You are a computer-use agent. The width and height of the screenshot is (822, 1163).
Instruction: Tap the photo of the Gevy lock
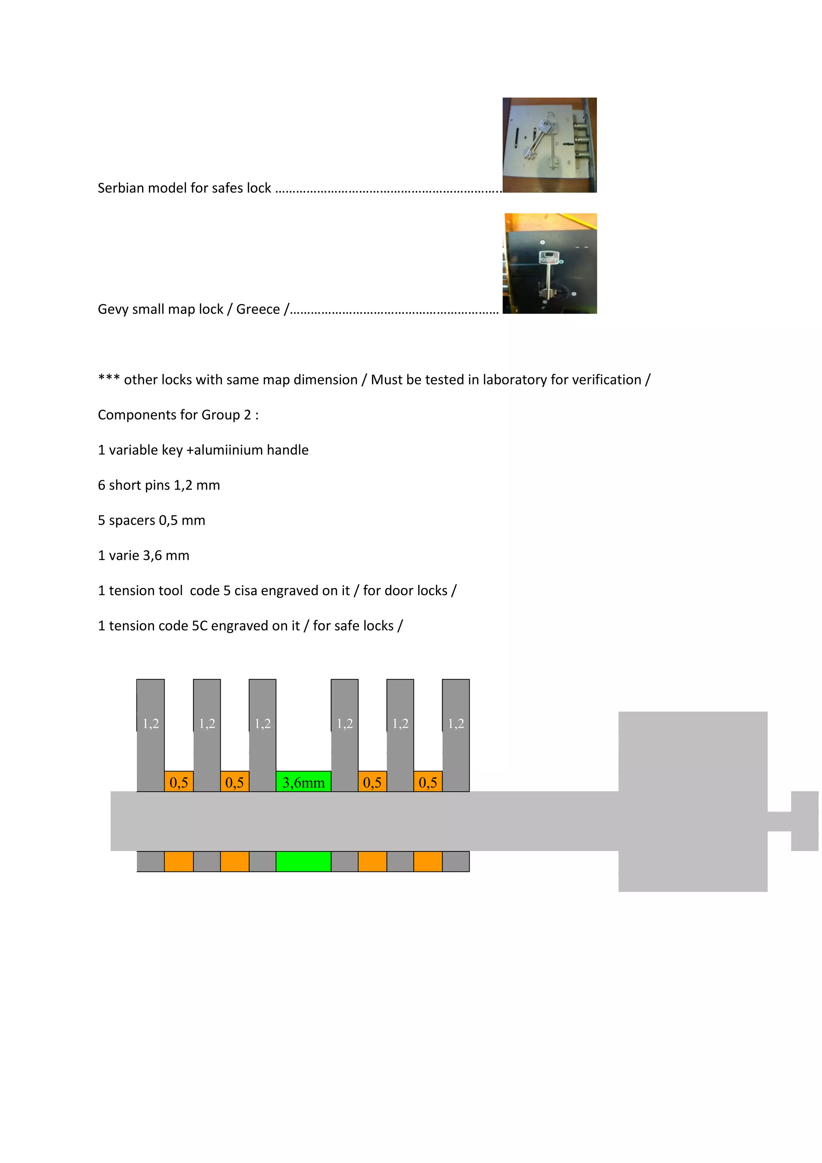[x=550, y=263]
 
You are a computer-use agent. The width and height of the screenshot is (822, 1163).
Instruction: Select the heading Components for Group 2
[x=178, y=415]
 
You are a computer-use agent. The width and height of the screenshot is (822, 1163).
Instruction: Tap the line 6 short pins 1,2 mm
[x=159, y=485]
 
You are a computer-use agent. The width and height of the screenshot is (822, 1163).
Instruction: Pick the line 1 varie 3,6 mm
[x=143, y=556]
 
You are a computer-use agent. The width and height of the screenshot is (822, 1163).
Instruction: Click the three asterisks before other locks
[x=109, y=378]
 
